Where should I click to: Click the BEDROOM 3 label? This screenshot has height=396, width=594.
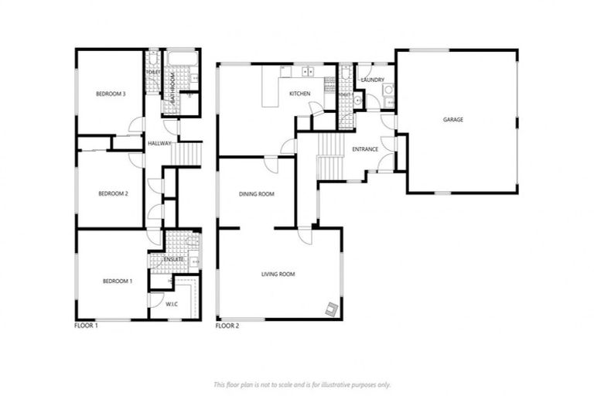tap(111, 94)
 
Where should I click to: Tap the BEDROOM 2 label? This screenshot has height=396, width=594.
tap(113, 193)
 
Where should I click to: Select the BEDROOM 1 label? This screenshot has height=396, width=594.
tap(118, 281)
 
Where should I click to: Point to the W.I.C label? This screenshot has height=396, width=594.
tap(172, 304)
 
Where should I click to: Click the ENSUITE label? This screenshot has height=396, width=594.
tap(174, 259)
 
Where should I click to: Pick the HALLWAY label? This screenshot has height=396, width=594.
tap(159, 143)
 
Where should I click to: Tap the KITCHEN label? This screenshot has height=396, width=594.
tap(299, 94)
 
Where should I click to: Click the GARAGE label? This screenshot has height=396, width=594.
tap(453, 119)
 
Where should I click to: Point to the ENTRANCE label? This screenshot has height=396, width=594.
tap(364, 148)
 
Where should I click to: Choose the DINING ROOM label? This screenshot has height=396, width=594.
tap(256, 194)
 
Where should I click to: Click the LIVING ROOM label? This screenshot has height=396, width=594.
tap(278, 274)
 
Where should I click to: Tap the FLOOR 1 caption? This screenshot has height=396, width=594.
tap(86, 326)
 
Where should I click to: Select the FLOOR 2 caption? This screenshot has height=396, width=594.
tap(227, 326)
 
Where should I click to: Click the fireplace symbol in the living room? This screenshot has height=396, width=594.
tap(332, 309)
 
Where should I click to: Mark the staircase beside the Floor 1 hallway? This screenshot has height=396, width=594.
tap(186, 154)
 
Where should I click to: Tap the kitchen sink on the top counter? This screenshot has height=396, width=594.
tap(307, 73)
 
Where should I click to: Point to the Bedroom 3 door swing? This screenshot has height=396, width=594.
tap(137, 125)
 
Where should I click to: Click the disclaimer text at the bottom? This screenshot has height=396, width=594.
tap(302, 384)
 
